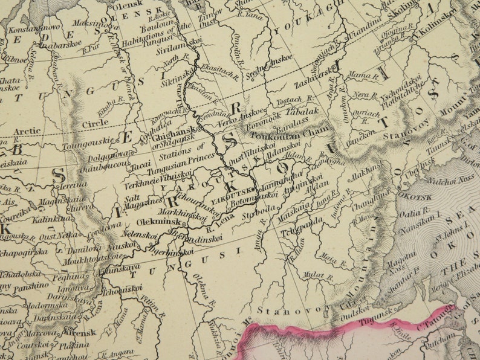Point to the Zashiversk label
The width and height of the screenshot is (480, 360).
click(x=313, y=85)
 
